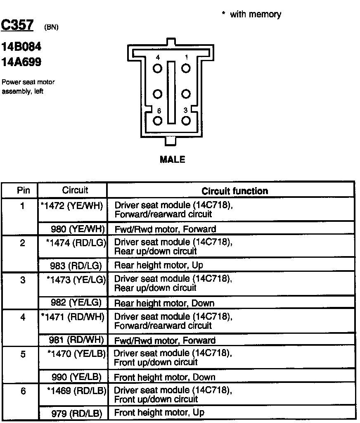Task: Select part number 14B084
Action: pos(21,46)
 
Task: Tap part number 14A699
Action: pos(21,62)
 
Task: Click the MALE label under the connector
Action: pos(173,159)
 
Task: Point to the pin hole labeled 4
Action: pos(158,68)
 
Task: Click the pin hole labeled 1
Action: pos(186,68)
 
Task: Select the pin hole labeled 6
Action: pos(158,121)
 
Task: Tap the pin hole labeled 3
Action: pos(186,121)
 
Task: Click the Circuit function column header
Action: pos(234,191)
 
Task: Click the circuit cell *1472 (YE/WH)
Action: pos(72,205)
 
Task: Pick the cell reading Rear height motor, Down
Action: pos(164,303)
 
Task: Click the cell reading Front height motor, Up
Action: pos(159,412)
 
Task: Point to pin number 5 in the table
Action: pos(23,354)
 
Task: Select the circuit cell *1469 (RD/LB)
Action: pos(76,390)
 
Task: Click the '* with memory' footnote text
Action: pos(251,14)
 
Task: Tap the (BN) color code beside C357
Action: pos(51,28)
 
